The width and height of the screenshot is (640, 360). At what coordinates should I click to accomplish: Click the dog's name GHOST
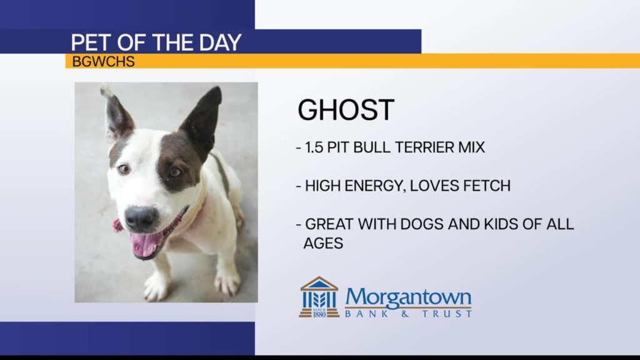[346, 111]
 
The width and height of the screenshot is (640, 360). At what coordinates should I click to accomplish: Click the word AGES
[323, 243]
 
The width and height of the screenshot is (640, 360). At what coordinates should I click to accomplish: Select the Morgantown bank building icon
[319, 297]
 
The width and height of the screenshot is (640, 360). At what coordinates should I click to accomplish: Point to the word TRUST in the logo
[449, 314]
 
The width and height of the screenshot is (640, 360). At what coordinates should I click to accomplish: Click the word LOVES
[436, 186]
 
